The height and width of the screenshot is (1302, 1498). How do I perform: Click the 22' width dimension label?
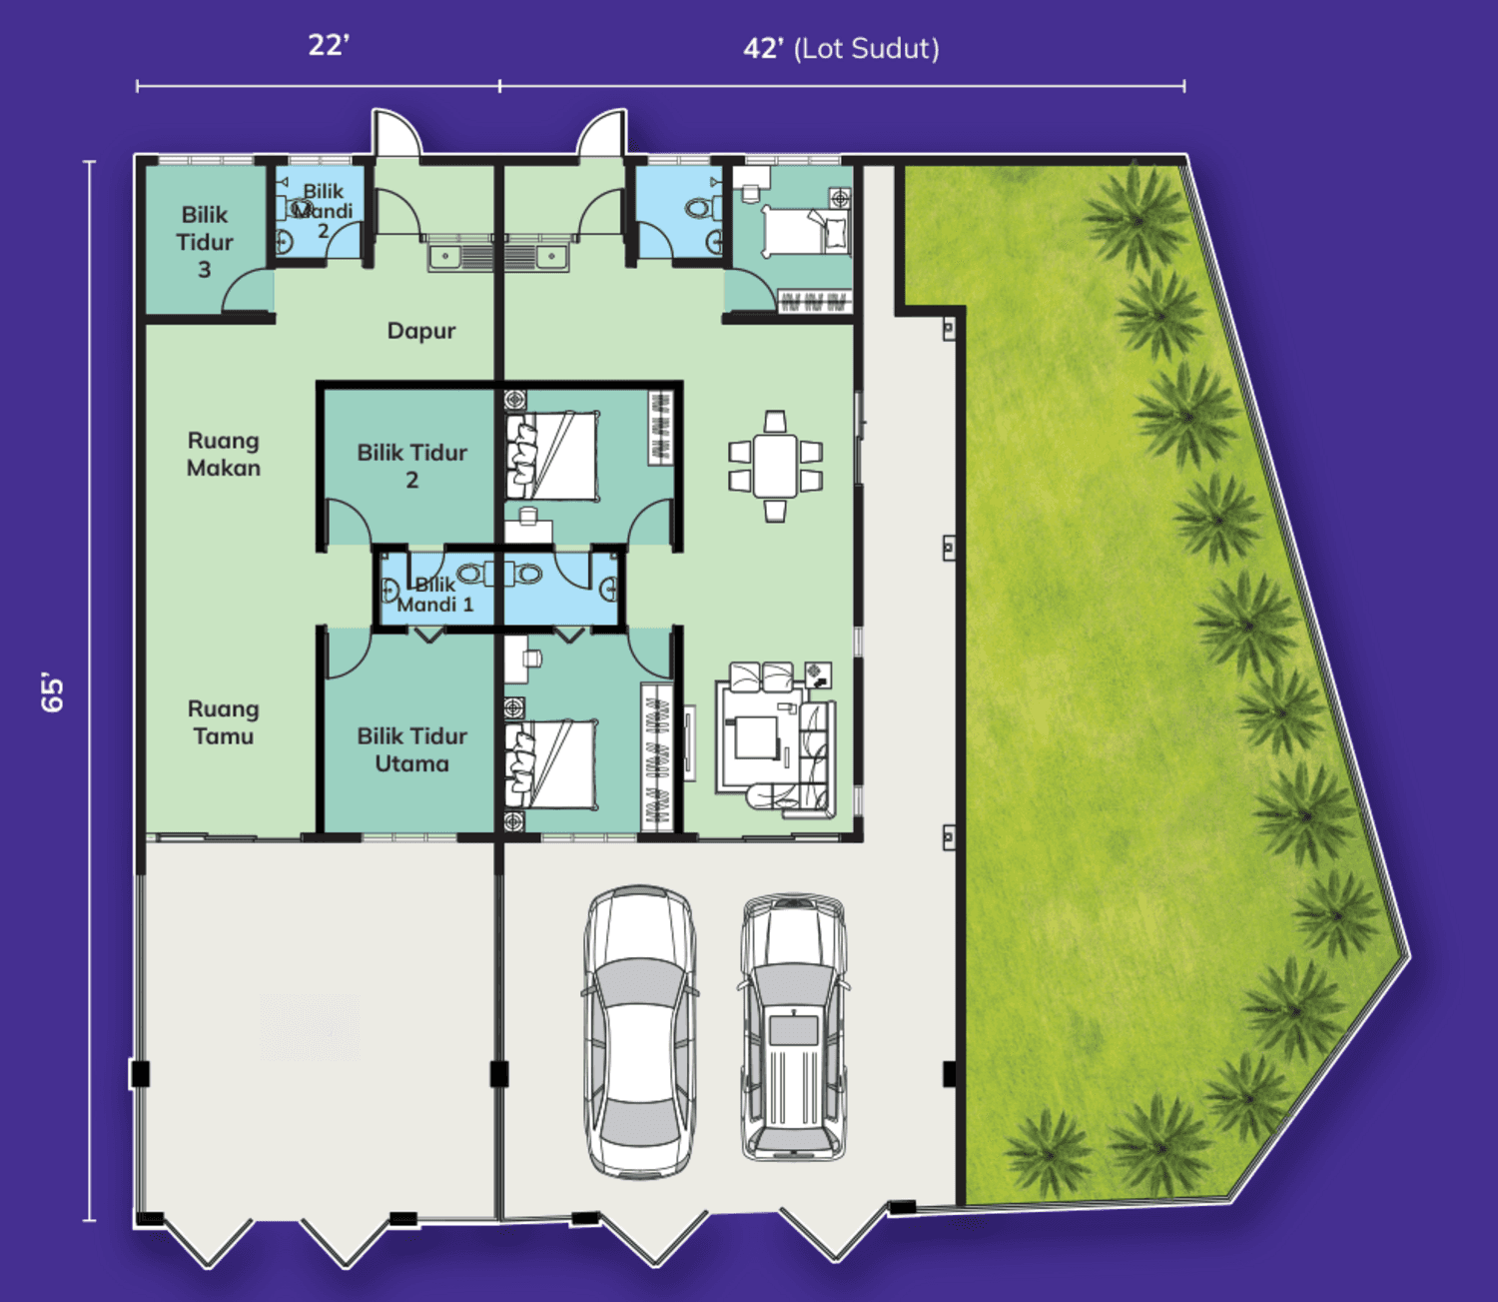pos(329,45)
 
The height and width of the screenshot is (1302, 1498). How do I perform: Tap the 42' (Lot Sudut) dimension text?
pos(841,49)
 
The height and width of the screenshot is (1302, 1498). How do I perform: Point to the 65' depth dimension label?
pos(53,691)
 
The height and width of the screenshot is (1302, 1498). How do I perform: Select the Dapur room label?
pos(421,331)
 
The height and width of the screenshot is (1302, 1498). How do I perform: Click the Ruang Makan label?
pos(224,454)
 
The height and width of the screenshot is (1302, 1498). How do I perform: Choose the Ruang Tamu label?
pos(224,722)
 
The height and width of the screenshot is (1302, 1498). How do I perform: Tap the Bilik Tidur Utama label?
pos(412,749)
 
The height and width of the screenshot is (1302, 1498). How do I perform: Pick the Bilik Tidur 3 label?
pos(205,243)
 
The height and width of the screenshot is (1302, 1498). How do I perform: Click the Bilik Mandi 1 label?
pos(434,595)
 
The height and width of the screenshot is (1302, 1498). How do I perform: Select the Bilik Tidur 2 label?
pos(412,467)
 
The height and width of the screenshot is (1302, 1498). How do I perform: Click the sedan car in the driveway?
pos(640,1031)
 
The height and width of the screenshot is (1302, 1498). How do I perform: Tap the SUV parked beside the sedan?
pos(794,1027)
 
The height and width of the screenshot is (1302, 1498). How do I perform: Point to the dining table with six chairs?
pos(775,467)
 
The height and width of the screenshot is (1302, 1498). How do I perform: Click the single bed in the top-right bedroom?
pos(805,231)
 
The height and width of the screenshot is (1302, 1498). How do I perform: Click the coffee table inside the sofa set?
pos(755,736)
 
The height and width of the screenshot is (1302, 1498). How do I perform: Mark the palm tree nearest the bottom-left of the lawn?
pos(1049,1152)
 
